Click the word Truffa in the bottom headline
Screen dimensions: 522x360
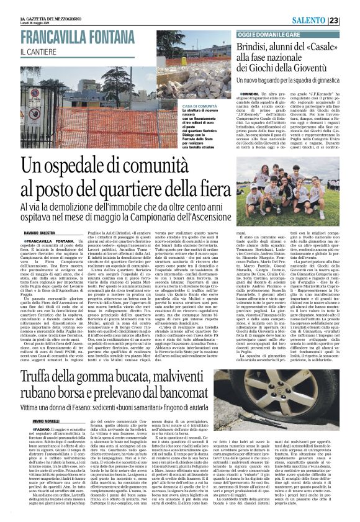coord(56,362)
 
